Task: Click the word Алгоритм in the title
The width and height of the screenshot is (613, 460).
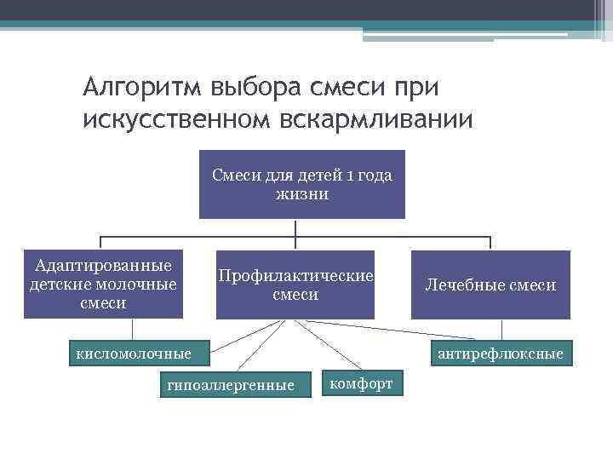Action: tap(140, 87)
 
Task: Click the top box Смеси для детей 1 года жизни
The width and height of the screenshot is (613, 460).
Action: tap(301, 184)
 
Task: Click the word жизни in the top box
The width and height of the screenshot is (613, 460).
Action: tap(301, 193)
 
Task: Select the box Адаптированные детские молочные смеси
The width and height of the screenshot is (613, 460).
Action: tap(103, 285)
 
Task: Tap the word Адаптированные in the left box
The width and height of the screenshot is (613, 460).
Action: tap(103, 266)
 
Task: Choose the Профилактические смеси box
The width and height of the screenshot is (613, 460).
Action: tap(295, 285)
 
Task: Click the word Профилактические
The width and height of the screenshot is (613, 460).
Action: tap(295, 276)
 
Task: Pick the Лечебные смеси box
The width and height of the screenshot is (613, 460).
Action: tap(490, 285)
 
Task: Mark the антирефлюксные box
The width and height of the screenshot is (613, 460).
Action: tap(499, 353)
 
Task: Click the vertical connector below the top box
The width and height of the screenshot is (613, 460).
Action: tap(295, 227)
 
